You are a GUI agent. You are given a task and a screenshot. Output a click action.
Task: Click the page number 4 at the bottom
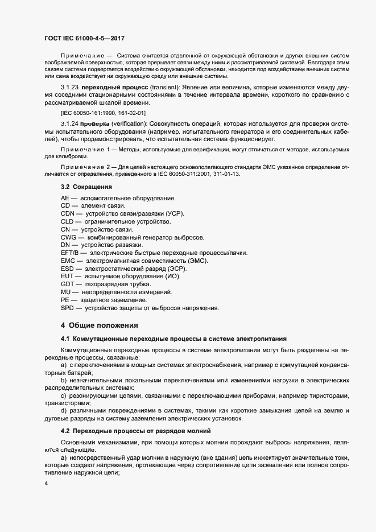pyautogui.click(x=46, y=483)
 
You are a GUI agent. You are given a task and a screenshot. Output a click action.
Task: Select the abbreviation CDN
pyautogui.click(x=68, y=213)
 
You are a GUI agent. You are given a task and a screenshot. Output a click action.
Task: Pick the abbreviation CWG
pyautogui.click(x=69, y=237)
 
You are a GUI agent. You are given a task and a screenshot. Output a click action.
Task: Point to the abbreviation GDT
pyautogui.click(x=67, y=284)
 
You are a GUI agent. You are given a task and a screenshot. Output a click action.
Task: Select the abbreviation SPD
pyautogui.click(x=67, y=308)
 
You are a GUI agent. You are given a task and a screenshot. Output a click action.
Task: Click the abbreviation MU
pyautogui.click(x=65, y=292)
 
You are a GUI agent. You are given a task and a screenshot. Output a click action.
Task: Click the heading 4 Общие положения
pyautogui.click(x=99, y=325)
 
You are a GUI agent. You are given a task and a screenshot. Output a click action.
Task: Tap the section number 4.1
pyautogui.click(x=65, y=339)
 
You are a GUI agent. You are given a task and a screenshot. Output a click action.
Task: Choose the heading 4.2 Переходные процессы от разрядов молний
pyautogui.click(x=135, y=430)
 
